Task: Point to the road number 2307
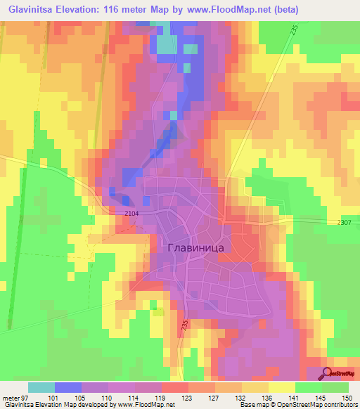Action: coord(344,222)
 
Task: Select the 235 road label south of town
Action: coord(184,326)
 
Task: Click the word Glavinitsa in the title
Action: coord(38,10)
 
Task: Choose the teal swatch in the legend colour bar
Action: coord(41,387)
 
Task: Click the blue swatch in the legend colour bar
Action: coord(68,387)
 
